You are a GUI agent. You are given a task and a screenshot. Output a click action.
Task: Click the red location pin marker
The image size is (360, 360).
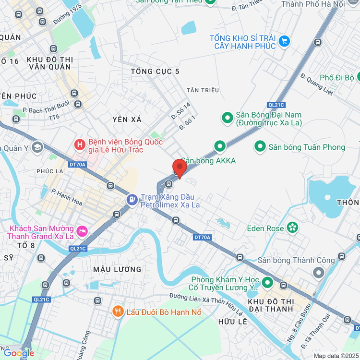click(180, 168)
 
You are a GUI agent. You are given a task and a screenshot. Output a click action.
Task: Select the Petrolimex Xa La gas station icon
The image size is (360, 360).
click(131, 199)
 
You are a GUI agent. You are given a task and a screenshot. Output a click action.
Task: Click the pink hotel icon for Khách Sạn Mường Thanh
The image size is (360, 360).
click(82, 231)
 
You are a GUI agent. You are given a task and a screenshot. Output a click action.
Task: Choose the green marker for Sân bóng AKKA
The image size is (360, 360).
click(220, 145)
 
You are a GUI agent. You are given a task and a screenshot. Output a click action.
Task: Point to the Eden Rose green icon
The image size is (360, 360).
click(292, 227)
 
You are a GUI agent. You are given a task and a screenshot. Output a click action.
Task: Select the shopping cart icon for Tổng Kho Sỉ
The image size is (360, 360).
click(285, 41)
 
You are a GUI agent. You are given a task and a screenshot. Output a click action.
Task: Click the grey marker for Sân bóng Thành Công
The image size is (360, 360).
click(318, 273)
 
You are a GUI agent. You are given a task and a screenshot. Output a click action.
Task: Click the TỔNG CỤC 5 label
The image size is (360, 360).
click(155, 72)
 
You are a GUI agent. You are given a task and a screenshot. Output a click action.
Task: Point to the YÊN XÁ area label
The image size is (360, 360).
click(127, 119)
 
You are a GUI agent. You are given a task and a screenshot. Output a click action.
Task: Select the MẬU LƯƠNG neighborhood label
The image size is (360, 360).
click(118, 269)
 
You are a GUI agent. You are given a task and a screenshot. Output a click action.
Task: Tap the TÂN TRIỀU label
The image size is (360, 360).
click(203, 90)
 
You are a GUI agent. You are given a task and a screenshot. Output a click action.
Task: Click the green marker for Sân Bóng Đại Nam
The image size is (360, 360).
click(227, 117)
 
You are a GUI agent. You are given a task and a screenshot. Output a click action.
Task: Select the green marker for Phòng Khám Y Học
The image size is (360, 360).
click(267, 282)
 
